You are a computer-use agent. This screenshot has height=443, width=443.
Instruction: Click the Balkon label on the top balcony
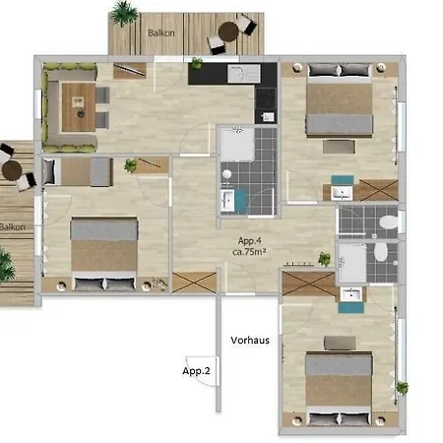tap(160, 32)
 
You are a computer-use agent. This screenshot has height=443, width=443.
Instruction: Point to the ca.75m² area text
tap(252, 252)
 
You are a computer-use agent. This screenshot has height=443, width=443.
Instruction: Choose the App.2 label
tap(195, 371)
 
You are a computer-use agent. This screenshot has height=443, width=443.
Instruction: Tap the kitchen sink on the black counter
tap(240, 74)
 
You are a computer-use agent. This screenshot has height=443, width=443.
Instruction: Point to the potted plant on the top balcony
tap(124, 14)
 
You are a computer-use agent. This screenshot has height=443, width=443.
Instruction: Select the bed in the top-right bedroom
tap(339, 108)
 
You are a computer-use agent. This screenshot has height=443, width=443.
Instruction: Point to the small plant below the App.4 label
tap(324, 260)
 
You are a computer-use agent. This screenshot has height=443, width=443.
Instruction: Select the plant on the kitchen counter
tap(197, 65)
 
